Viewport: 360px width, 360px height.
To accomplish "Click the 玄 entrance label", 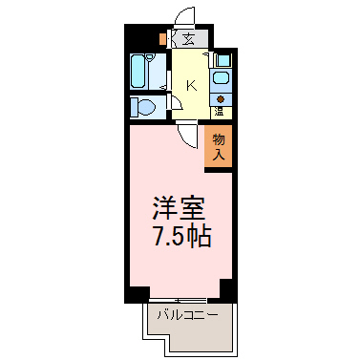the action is click(188, 39).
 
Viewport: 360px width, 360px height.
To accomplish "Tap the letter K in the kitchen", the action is click(191, 85).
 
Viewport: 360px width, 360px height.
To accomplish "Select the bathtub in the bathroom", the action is click(138, 71).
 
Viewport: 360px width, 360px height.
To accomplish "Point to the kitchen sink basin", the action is click(221, 77).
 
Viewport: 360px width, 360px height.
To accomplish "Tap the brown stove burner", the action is click(221, 99).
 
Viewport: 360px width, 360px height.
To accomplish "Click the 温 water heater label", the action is click(219, 112).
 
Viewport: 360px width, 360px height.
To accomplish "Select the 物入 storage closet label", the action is click(219, 147).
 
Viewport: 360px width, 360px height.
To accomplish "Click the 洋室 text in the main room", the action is click(179, 208).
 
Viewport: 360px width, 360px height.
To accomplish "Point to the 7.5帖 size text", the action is click(182, 237).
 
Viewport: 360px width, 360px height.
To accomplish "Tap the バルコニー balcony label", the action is click(188, 315).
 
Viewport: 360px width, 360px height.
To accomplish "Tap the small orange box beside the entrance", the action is click(162, 39).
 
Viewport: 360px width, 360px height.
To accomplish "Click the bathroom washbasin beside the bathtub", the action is click(150, 57).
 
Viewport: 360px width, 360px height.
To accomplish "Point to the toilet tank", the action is click(134, 107).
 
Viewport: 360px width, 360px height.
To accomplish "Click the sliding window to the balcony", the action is click(178, 300).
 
